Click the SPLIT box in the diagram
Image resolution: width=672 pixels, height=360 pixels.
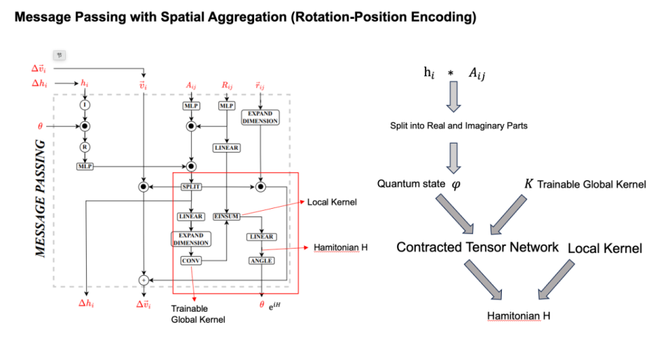point(190,187)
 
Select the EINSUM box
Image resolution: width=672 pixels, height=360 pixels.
point(226,216)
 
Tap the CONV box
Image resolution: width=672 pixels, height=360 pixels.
point(190,261)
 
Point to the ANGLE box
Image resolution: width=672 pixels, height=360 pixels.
point(261,261)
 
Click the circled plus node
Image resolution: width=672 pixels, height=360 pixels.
point(143,279)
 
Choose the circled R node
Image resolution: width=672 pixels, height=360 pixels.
point(85,148)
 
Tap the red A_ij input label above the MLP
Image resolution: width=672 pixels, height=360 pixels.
point(190,85)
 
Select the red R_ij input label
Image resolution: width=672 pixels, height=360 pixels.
point(227,85)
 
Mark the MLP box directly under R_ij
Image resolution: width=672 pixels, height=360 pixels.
point(227,106)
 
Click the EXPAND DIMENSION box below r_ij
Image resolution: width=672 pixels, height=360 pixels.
point(260,116)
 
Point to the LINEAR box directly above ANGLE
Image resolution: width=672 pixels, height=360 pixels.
point(261,237)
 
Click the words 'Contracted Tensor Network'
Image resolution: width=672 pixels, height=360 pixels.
point(477,247)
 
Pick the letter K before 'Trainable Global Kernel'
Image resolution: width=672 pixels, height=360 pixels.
point(529,184)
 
